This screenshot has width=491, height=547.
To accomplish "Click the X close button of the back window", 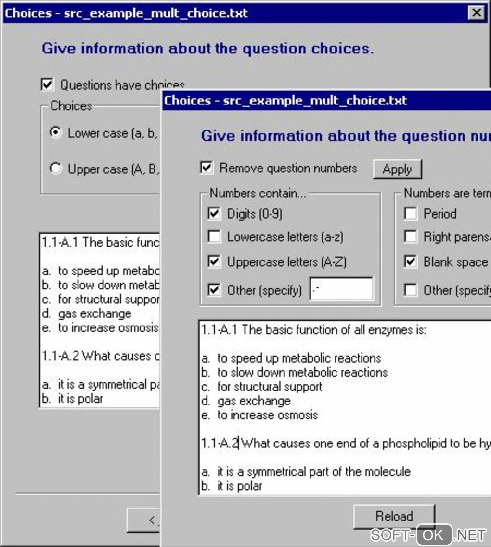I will (x=476, y=13).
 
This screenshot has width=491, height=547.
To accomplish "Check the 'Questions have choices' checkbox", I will (x=47, y=85).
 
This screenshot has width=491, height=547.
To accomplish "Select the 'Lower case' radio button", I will (x=56, y=132).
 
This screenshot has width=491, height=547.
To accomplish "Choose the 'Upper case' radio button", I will (x=56, y=169).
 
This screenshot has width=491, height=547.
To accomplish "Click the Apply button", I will (x=397, y=169).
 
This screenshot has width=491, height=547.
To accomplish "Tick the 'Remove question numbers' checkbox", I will (x=207, y=168).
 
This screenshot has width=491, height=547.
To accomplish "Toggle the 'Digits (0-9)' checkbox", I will (x=214, y=213).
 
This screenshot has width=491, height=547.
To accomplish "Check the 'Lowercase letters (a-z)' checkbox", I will (x=214, y=236).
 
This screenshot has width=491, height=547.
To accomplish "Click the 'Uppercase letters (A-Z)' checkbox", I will (x=214, y=261).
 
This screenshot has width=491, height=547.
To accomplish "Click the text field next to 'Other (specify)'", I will (x=341, y=289).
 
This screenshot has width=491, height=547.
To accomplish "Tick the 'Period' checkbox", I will (x=411, y=213).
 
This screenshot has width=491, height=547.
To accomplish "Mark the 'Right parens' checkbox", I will (x=411, y=236).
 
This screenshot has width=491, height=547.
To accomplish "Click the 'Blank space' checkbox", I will (x=411, y=261).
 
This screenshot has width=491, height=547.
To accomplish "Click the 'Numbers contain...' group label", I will (x=258, y=194).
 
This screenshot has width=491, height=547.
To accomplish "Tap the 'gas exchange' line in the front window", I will (x=254, y=401).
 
